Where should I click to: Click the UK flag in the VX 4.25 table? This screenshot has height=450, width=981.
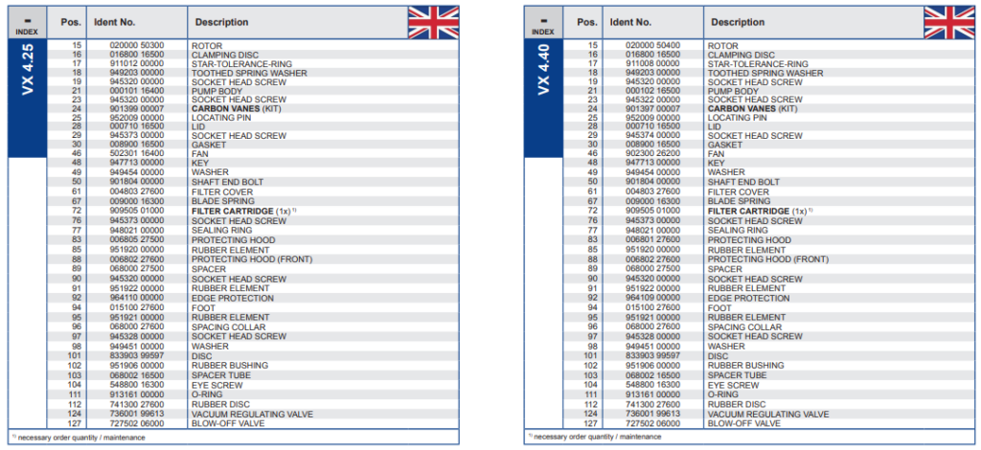tap(432, 22)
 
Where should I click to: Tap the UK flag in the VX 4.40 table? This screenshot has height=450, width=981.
tap(948, 22)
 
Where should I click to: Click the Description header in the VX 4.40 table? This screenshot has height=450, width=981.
tap(738, 22)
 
